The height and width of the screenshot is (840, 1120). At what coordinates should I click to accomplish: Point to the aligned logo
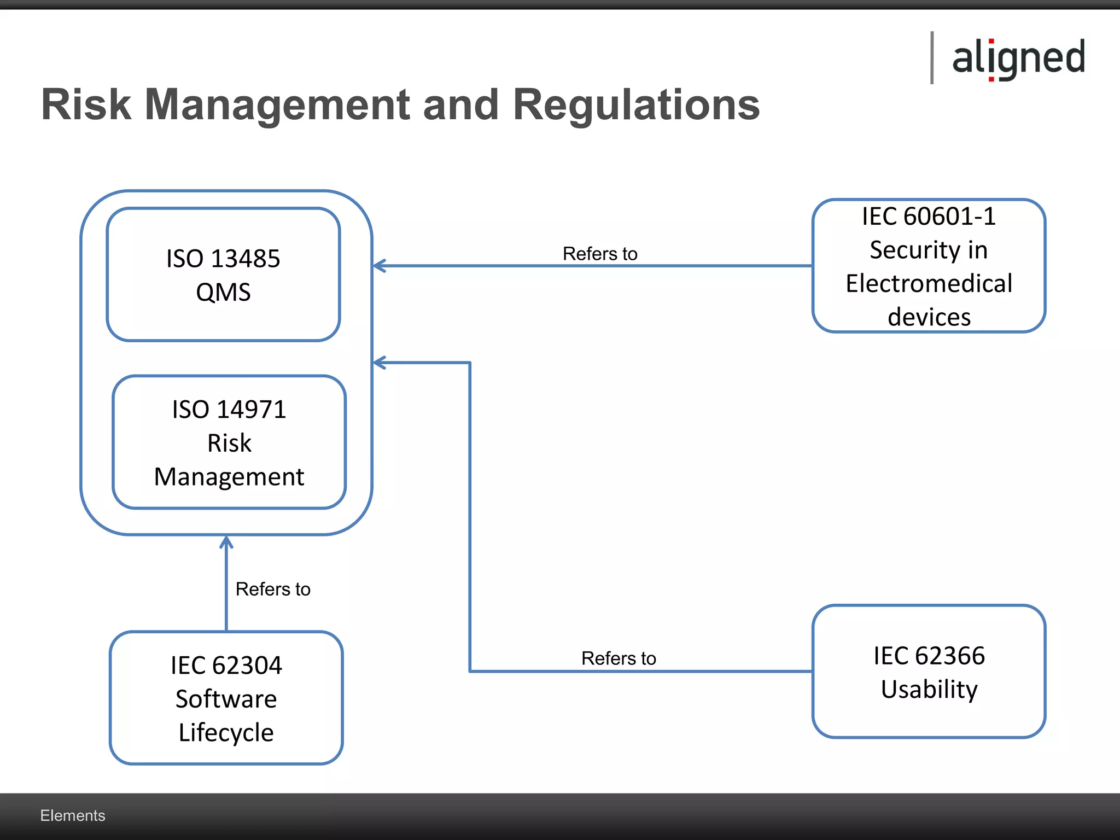pos(1018,58)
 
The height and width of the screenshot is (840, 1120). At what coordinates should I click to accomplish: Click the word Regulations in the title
pos(636,104)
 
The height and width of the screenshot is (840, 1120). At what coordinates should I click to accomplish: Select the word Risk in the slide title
pos(86,104)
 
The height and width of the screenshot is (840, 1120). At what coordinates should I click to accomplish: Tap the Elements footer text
pos(72,815)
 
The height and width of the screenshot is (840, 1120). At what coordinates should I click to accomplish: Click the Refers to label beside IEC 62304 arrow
pos(273,589)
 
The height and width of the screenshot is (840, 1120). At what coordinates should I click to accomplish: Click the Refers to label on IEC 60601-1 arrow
pos(600,254)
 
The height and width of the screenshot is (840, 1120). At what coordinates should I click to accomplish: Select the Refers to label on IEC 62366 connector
pos(619,658)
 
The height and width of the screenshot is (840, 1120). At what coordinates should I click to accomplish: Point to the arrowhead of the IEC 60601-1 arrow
pos(378,266)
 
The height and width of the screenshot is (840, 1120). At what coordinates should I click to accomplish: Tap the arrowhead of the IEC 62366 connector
pos(378,363)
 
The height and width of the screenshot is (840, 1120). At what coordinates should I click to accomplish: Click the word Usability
pos(929,689)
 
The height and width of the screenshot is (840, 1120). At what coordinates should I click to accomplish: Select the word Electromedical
pos(929,284)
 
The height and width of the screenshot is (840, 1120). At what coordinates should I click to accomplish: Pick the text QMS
pos(223,292)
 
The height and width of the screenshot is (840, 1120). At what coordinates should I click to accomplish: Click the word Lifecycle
pos(226,733)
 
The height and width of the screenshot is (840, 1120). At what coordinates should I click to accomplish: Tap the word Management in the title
pos(277,104)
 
